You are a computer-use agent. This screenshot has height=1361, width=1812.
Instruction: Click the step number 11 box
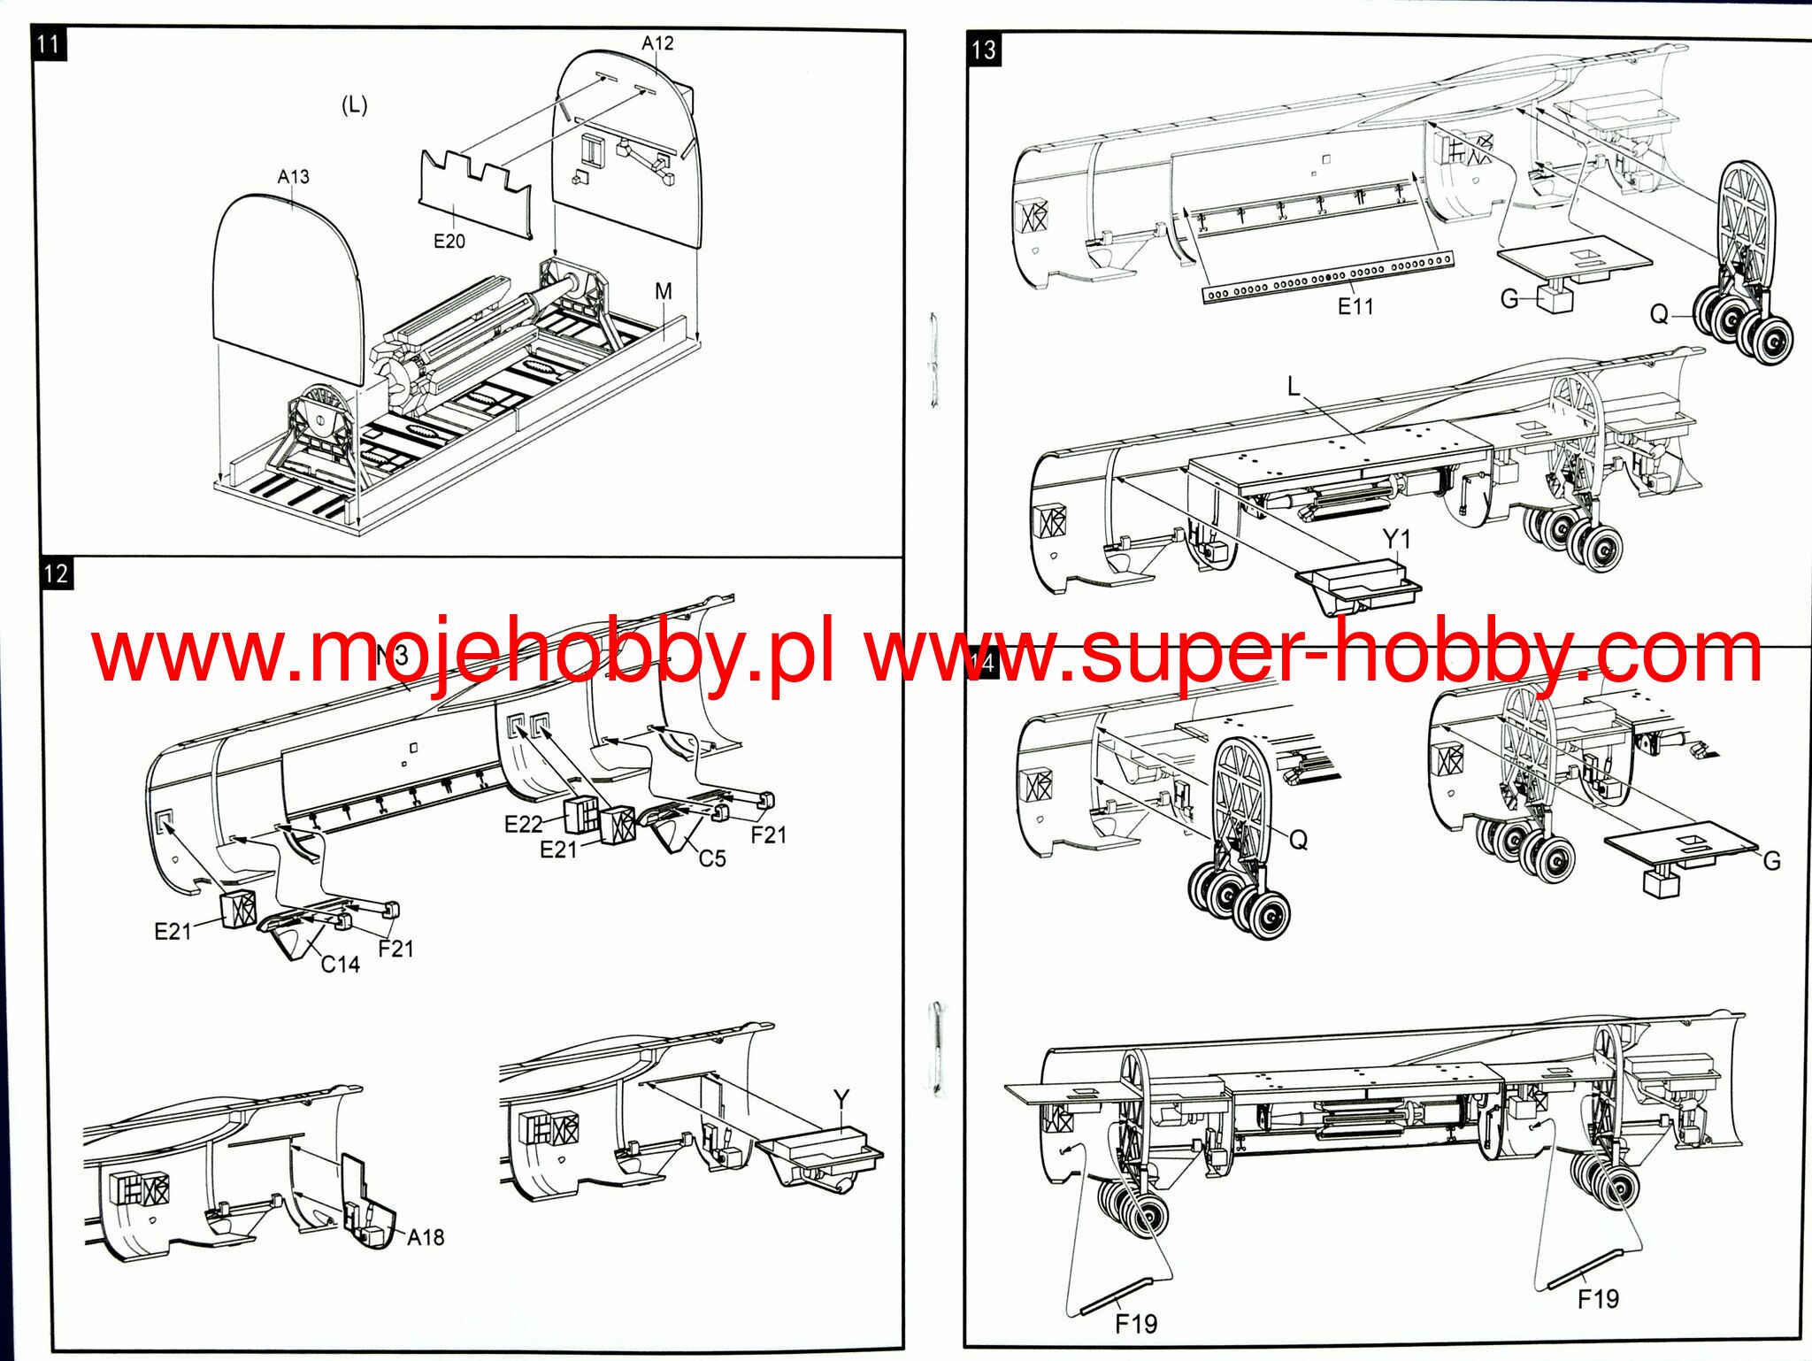49,44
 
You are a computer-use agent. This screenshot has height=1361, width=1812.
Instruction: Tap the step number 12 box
56,573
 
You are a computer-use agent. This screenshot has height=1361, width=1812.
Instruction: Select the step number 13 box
983,50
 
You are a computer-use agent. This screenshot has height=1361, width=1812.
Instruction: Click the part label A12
657,43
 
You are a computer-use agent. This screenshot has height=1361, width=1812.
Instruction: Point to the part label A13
293,177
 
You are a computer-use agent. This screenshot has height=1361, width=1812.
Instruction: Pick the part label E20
449,241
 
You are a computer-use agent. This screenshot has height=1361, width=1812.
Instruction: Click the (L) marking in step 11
354,105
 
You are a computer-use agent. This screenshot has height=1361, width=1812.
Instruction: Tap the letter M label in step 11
664,291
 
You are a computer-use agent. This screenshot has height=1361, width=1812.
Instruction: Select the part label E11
1355,306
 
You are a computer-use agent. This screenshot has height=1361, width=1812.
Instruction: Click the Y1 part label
1396,538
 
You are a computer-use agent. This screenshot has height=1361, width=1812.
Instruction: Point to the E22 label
523,824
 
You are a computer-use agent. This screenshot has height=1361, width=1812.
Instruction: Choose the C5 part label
712,858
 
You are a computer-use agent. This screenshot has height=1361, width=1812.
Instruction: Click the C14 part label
340,964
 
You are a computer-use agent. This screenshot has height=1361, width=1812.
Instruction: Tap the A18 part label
426,1237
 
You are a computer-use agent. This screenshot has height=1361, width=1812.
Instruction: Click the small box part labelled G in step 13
1555,298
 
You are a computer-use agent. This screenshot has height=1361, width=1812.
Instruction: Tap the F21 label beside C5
768,834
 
